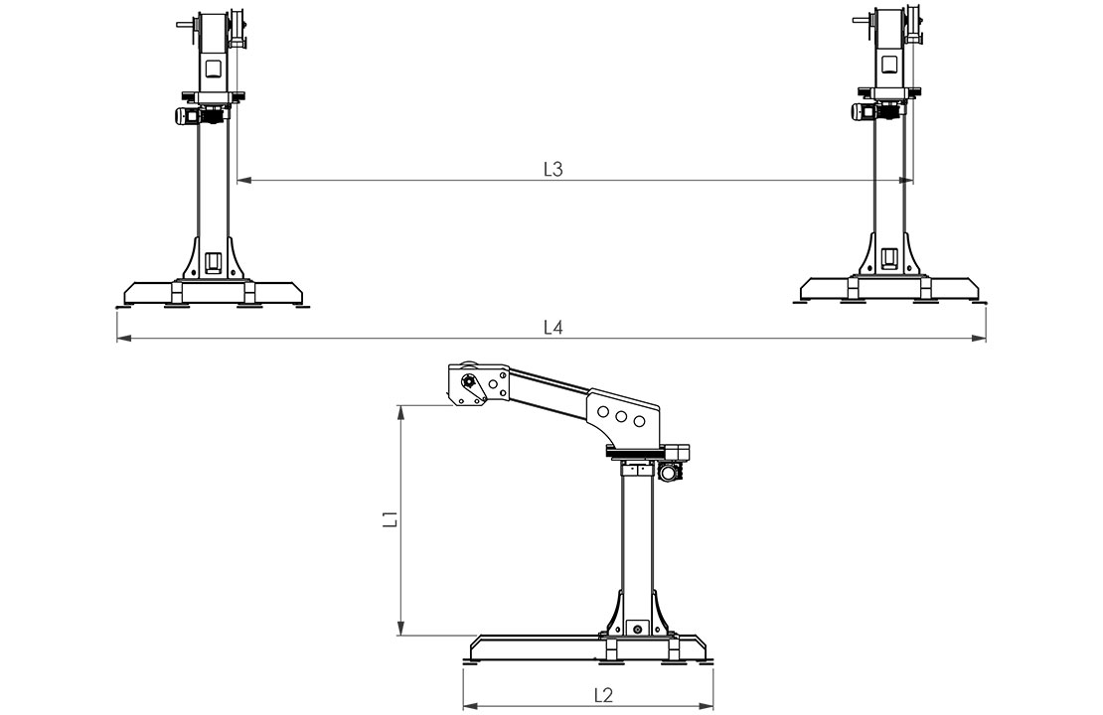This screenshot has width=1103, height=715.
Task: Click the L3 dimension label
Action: [553, 170]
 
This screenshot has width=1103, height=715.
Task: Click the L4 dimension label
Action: [553, 328]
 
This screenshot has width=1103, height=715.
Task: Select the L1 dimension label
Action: [391, 519]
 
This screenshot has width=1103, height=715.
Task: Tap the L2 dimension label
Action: [603, 695]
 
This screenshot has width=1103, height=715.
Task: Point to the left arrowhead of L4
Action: [124, 339]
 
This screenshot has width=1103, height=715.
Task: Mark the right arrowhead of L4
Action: [979, 339]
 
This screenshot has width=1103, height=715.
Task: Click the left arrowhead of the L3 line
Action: [244, 181]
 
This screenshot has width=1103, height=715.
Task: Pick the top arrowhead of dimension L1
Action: [401, 413]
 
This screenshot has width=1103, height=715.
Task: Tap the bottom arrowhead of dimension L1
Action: [401, 628]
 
